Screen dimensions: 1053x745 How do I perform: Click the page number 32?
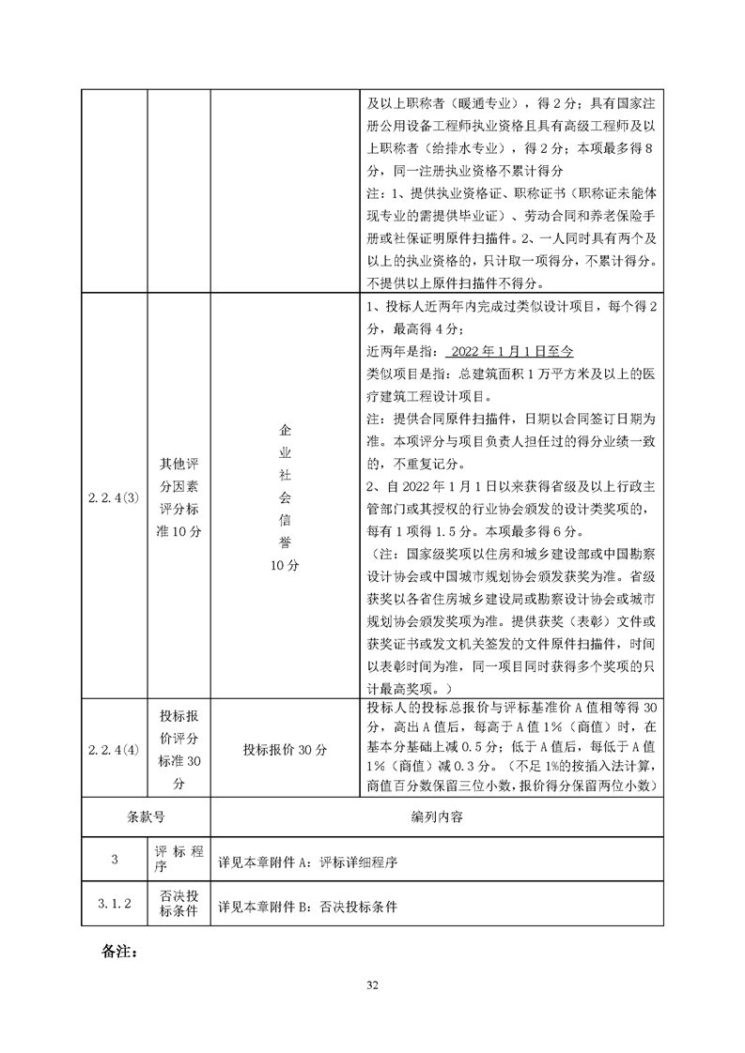click(x=372, y=984)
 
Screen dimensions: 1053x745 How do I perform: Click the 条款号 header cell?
click(x=146, y=816)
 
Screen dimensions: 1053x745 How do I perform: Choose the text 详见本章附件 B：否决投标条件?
click(x=307, y=908)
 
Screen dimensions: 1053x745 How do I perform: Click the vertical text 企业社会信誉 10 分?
click(x=285, y=497)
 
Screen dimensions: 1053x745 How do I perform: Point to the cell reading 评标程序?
click(x=178, y=862)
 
